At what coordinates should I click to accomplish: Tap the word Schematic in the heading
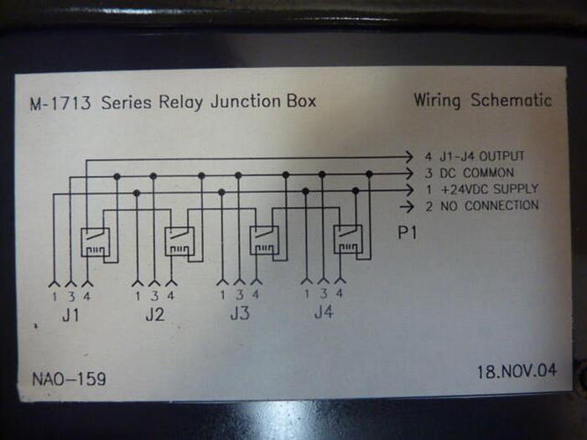tap(511, 101)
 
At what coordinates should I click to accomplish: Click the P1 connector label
tap(408, 233)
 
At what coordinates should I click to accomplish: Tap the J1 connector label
tap(70, 316)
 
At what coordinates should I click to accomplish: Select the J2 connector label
tap(154, 316)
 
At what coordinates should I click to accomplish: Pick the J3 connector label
tap(239, 316)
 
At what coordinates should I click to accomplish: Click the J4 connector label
tap(323, 314)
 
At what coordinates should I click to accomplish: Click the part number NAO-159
tap(69, 379)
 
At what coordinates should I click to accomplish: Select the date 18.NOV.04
tap(517, 370)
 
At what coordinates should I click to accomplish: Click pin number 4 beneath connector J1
tap(88, 295)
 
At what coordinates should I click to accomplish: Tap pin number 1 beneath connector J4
tap(306, 293)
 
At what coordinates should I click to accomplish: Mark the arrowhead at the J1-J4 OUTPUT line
tap(408, 157)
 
